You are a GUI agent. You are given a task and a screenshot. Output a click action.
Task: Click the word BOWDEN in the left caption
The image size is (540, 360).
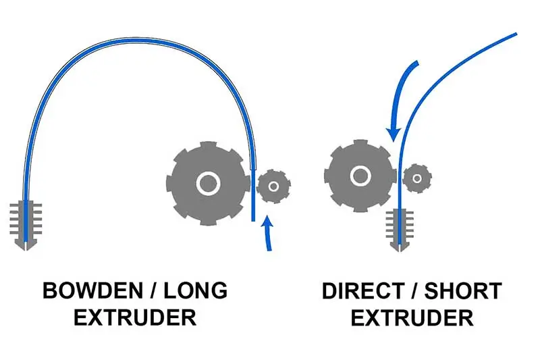[92, 290]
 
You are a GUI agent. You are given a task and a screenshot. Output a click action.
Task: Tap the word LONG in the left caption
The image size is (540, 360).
[195, 290]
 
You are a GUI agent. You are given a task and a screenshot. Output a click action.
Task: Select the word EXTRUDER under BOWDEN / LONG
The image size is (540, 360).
[135, 317]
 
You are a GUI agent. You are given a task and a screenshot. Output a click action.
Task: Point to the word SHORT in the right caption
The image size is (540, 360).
[463, 291]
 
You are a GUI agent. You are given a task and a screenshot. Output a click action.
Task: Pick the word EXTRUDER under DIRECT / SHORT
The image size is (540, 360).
[412, 318]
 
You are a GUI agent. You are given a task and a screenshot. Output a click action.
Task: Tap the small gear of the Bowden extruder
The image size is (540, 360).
[274, 186]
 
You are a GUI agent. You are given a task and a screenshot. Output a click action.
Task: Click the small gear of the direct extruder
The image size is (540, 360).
[417, 178]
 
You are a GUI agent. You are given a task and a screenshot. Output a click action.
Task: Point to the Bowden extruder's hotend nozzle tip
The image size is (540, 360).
[26, 249]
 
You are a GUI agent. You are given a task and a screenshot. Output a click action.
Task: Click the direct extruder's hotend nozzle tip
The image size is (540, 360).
[400, 251]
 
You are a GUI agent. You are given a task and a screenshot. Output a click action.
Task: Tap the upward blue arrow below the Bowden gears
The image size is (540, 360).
[268, 234]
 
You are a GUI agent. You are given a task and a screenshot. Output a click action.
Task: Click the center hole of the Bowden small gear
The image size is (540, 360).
[274, 186]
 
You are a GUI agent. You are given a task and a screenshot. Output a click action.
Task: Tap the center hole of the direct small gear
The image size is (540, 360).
[417, 178]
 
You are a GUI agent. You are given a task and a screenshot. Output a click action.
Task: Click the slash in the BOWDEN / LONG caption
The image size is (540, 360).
[153, 290]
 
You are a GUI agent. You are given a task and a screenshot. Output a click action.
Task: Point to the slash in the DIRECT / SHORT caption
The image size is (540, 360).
[414, 291]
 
